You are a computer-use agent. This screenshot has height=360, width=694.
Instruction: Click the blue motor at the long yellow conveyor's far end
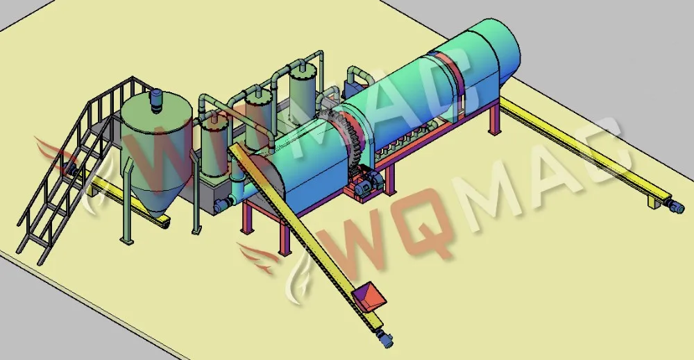pyautogui.click(x=675, y=206)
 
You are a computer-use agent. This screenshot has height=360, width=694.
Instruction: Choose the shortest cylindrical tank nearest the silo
pyautogui.click(x=214, y=148)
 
